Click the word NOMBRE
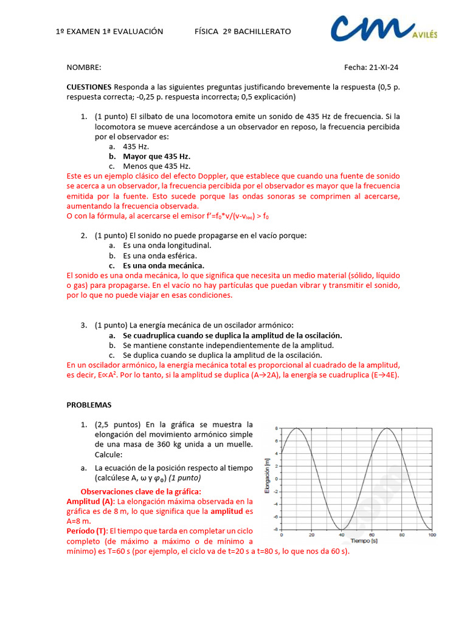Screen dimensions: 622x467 pos(84,67)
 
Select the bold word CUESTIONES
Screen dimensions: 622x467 pos(89,87)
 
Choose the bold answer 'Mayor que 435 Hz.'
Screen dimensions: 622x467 pos(156,156)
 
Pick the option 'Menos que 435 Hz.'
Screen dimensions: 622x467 pos(156,166)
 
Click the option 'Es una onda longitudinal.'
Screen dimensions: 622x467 pos(167,245)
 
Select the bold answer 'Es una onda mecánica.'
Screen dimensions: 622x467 pos(163,265)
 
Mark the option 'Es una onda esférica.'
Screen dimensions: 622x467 pos(160,256)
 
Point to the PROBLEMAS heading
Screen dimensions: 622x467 pos(89,405)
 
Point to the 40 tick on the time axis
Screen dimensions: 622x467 pos(341,535)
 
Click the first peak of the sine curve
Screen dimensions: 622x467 pos(296,428)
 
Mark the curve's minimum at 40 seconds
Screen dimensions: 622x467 pos(341,529)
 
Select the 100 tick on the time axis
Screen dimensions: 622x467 pos(431,535)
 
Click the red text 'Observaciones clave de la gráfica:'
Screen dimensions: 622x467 pos(140,491)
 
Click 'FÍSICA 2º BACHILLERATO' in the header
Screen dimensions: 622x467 pos(243,31)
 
